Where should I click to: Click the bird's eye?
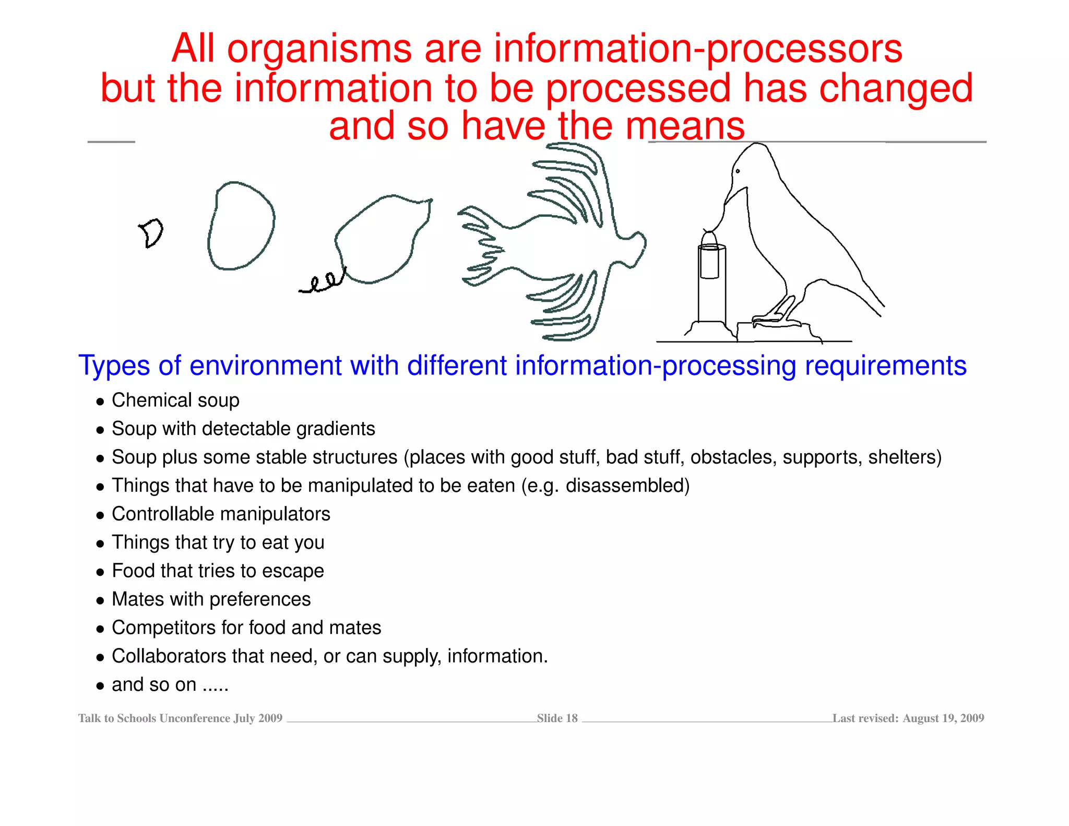[x=738, y=171]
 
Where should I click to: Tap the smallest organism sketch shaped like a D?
[x=151, y=233]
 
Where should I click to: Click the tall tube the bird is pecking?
[x=711, y=285]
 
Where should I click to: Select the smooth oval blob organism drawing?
[x=241, y=226]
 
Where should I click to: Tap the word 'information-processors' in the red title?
[x=698, y=49]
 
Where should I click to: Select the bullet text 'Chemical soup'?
[x=175, y=400]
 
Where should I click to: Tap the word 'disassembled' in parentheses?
[x=624, y=486]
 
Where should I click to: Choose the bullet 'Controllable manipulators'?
[x=221, y=514]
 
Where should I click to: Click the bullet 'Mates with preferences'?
[x=211, y=599]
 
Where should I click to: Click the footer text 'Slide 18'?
[x=557, y=718]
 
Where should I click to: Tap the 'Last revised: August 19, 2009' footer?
[x=908, y=718]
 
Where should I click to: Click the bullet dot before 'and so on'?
[x=100, y=686]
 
